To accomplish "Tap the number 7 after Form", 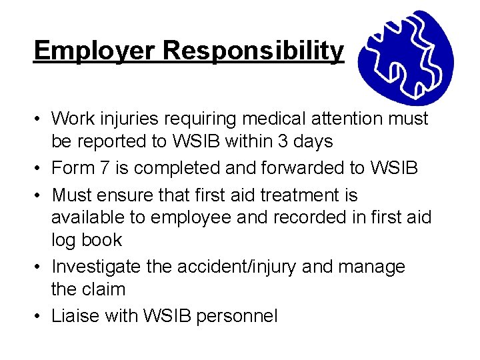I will click(x=103, y=168).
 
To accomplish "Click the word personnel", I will click(x=237, y=316).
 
